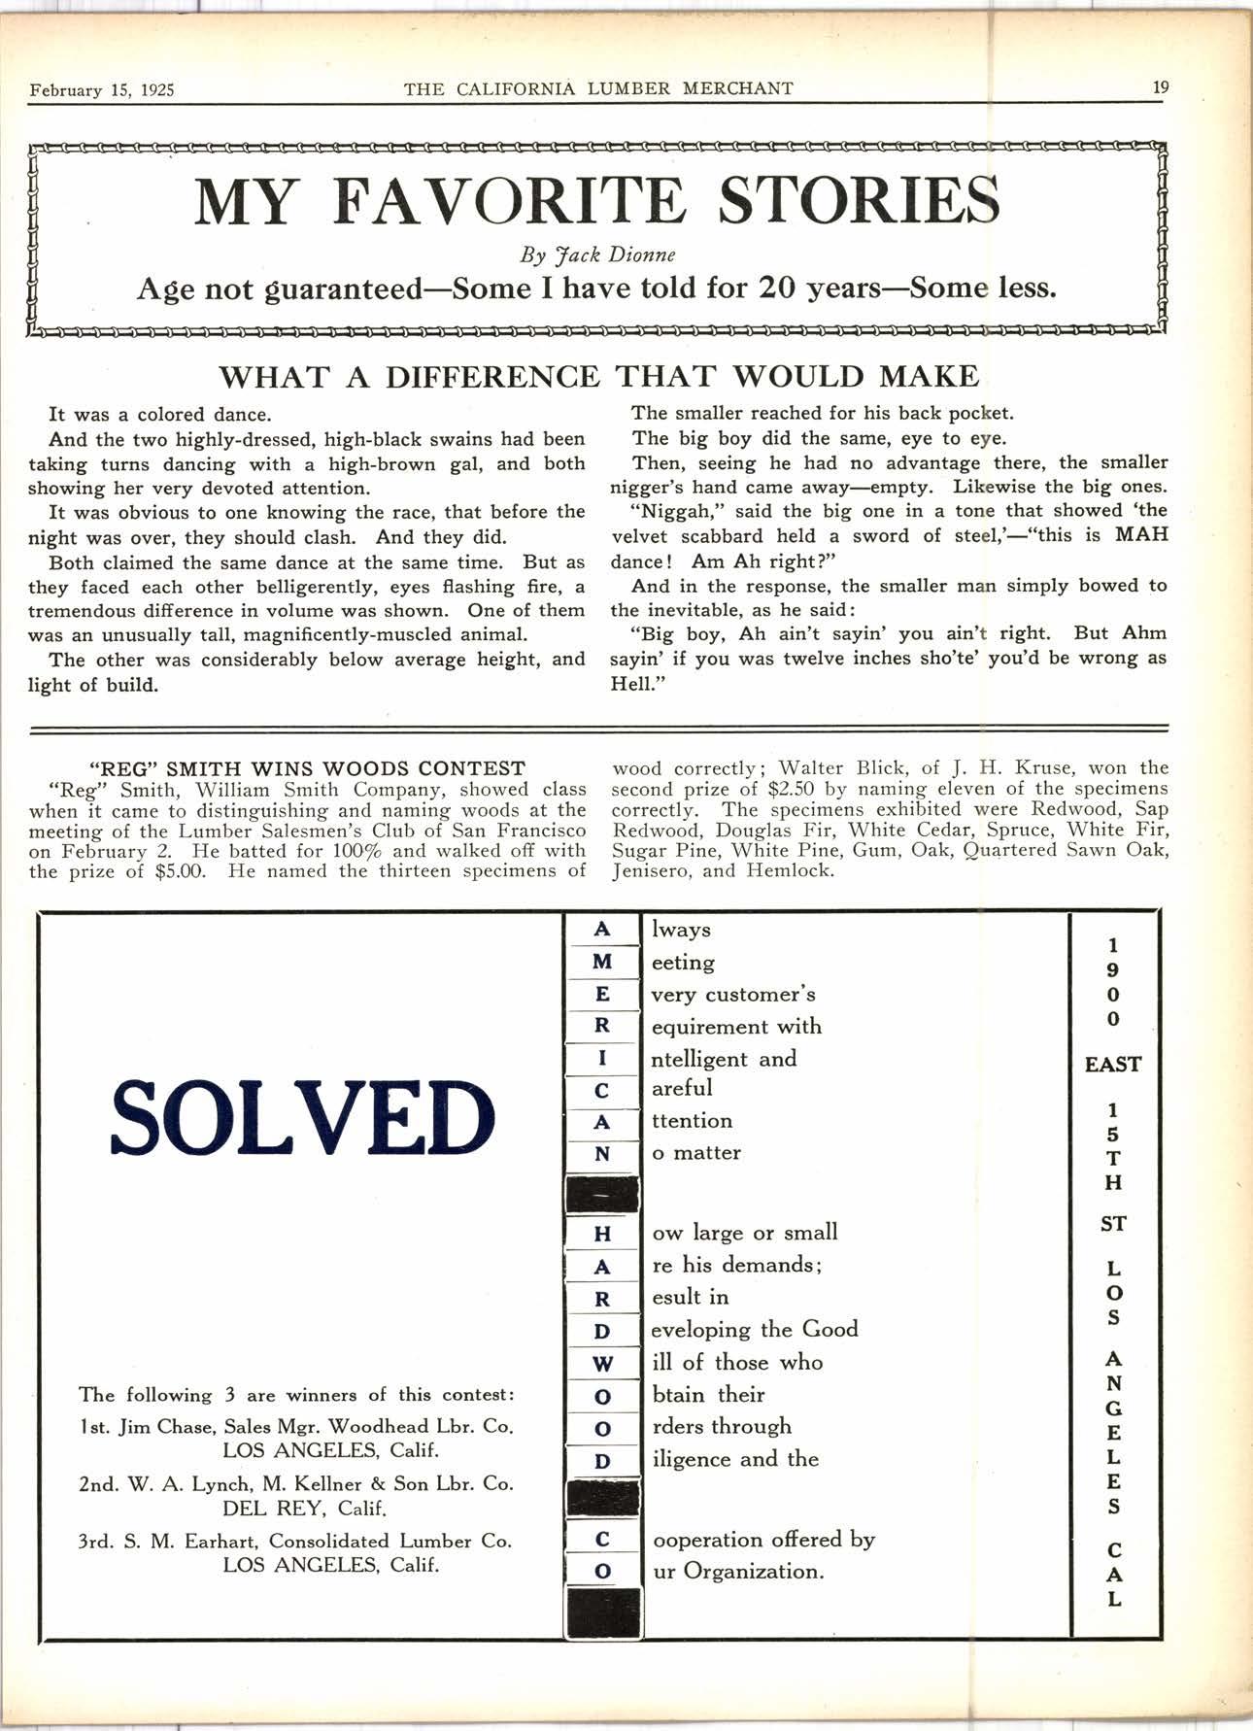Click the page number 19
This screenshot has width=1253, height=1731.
[1161, 87]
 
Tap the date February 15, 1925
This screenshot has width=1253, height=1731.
[102, 90]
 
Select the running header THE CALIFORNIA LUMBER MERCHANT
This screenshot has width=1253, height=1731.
[598, 89]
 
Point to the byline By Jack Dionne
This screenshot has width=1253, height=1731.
[597, 255]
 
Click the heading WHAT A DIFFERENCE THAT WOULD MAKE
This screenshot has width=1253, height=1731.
[598, 376]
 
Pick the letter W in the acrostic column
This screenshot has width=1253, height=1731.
[602, 1364]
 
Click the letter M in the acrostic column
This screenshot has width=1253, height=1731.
[602, 962]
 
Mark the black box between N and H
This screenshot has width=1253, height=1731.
[602, 1193]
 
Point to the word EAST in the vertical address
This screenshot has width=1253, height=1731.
[1113, 1065]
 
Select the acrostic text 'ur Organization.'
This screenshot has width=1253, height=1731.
[737, 1571]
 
